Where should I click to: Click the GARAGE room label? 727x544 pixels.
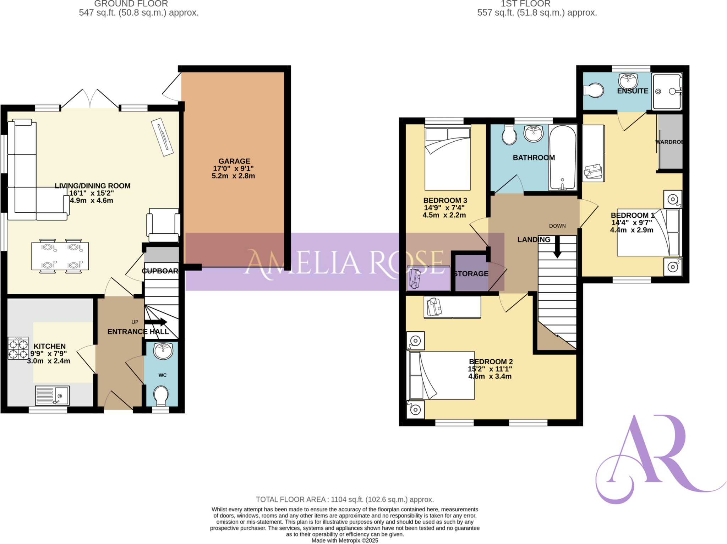(x=234, y=161)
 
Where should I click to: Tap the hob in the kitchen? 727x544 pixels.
(x=18, y=348)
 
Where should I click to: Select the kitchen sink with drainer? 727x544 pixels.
(x=53, y=395)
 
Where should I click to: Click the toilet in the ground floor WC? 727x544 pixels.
(x=161, y=395)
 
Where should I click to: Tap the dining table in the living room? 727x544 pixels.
(x=60, y=256)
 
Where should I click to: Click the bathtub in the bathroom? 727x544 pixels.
(x=562, y=157)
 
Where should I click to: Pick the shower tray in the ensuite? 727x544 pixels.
(x=667, y=92)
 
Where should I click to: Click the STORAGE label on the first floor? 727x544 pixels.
(x=471, y=274)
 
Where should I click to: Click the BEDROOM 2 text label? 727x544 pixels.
(x=491, y=361)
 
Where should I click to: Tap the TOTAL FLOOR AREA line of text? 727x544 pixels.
(x=345, y=500)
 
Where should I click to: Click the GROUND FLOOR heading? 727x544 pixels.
(x=131, y=4)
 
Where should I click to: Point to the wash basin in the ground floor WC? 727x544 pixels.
(x=163, y=351)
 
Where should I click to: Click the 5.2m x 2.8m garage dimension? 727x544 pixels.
(x=233, y=176)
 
